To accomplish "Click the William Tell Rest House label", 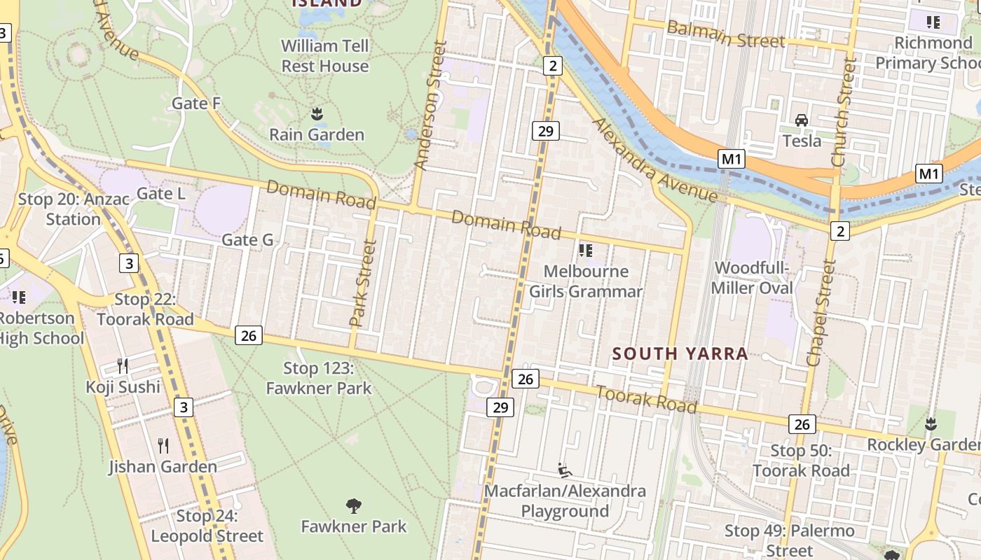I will point(324,56).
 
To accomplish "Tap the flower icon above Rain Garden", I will point(317,113).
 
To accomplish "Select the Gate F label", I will point(196,104).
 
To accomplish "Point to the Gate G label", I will point(247,240).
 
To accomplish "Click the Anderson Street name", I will point(431,105).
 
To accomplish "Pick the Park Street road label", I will point(363,283).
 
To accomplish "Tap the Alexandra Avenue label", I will point(655,160).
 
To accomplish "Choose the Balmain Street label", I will point(725,34).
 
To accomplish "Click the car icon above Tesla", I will point(802,120).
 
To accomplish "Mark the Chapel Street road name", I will point(821,313).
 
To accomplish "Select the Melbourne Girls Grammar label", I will point(586,281).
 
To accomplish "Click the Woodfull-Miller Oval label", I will point(752,278).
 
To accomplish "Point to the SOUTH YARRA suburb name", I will point(680,354).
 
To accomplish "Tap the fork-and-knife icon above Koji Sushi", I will point(123,365).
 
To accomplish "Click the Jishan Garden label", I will point(163,466).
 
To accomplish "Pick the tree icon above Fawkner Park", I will point(354,505).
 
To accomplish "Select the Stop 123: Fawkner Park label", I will point(319,378).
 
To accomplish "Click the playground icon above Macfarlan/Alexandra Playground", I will point(565,470).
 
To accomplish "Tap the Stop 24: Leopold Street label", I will point(207,526).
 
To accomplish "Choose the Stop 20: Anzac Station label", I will point(74,209).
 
